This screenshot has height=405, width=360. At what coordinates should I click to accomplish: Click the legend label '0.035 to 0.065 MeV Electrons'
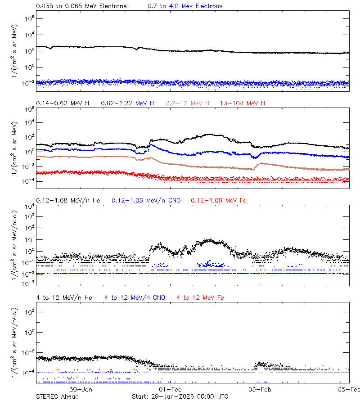point(81,6)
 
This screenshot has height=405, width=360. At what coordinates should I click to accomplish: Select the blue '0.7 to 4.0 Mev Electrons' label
point(185,6)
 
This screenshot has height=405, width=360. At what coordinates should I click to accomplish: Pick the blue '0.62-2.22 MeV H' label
point(127,103)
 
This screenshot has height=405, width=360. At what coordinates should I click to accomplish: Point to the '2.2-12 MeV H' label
point(188,103)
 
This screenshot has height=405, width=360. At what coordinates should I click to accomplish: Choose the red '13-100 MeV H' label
point(243,103)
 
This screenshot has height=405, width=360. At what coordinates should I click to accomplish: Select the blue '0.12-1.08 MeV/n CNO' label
point(146,200)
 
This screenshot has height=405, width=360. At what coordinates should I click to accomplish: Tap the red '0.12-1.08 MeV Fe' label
point(219,200)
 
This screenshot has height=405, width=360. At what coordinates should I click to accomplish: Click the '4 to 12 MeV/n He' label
point(64,297)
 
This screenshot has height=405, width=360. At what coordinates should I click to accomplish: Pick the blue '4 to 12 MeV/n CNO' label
point(135,297)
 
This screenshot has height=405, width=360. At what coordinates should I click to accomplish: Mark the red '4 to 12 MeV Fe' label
point(200,297)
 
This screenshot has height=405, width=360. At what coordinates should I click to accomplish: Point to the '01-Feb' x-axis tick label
point(170,389)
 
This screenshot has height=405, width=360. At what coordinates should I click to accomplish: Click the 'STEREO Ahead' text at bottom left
point(57,396)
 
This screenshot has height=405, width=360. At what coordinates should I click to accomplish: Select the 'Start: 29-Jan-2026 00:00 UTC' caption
point(180,396)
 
